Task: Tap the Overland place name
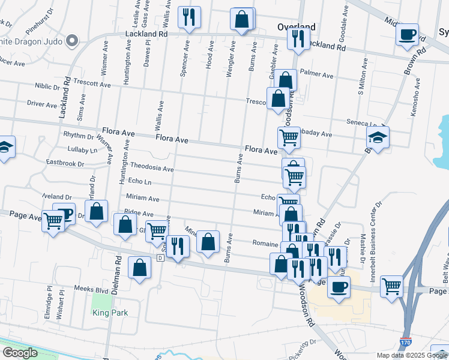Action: (297, 27)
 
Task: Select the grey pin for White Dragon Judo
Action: (73, 41)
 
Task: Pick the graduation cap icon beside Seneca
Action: (378, 137)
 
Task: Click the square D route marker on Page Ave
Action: (160, 258)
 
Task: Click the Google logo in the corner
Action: (20, 353)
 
